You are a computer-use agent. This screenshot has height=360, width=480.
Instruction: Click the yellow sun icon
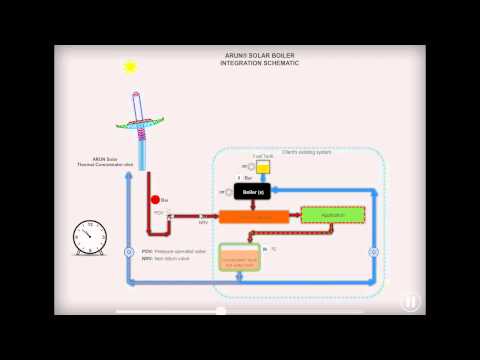point(129,67)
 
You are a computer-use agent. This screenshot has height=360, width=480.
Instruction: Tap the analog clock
point(91,239)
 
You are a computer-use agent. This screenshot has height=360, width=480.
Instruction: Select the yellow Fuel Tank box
point(264,166)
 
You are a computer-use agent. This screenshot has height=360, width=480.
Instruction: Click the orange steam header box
point(253,216)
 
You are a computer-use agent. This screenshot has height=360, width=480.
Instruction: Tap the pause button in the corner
point(411,301)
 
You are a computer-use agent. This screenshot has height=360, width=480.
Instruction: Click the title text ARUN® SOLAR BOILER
point(259,56)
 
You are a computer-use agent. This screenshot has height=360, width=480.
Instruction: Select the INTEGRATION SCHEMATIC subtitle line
point(259,63)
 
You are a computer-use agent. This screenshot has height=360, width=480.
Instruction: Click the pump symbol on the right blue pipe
point(373,252)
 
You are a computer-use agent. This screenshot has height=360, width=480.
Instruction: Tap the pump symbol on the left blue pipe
point(128,252)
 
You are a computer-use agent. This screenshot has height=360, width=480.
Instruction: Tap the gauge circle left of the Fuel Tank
point(246,166)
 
